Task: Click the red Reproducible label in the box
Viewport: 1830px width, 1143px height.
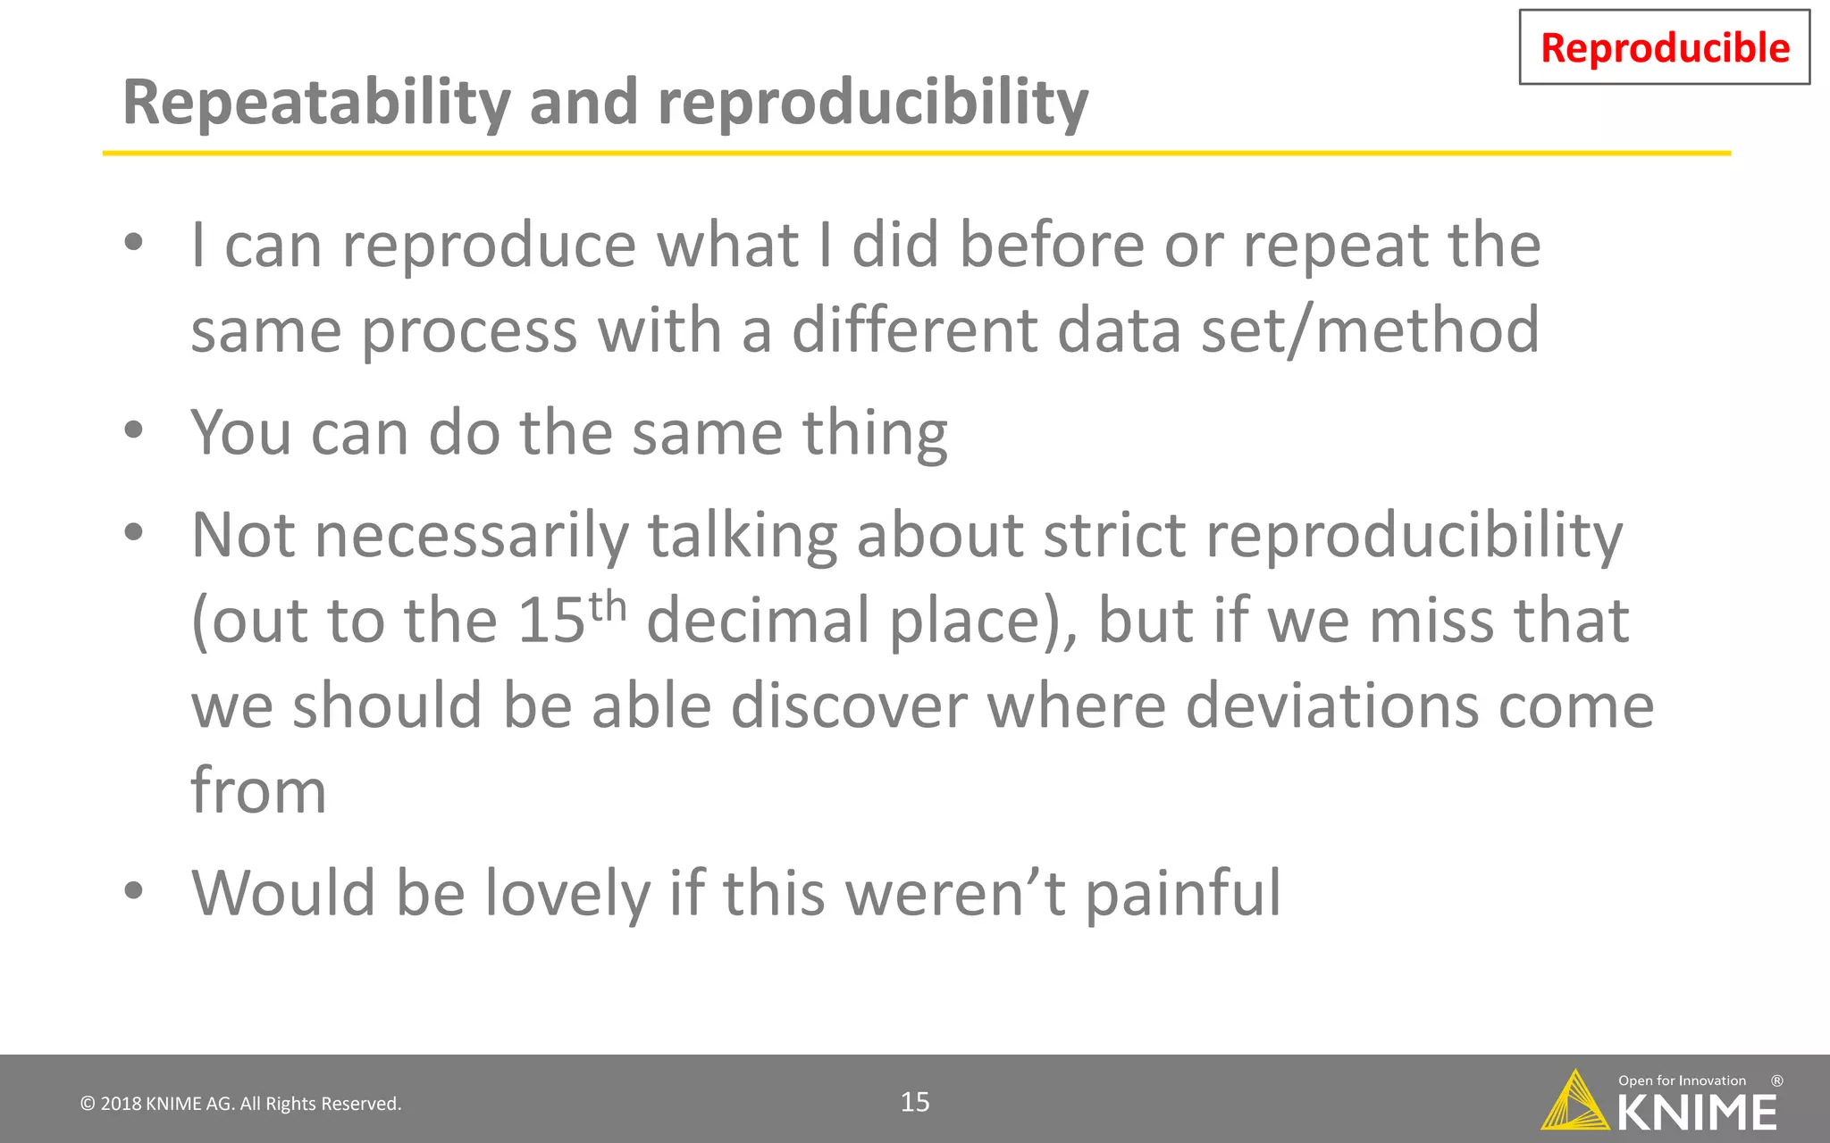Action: pyautogui.click(x=1664, y=48)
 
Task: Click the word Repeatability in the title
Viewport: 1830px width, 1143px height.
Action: pyautogui.click(x=315, y=103)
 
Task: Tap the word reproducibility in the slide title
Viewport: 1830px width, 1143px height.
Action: pyautogui.click(x=872, y=103)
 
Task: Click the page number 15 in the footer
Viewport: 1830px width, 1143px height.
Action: pyautogui.click(x=915, y=1102)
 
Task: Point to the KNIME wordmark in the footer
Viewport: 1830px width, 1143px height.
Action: pyautogui.click(x=1696, y=1113)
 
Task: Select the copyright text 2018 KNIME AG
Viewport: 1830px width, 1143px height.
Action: pyautogui.click(x=241, y=1104)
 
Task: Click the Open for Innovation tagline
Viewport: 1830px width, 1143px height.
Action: pyautogui.click(x=1682, y=1080)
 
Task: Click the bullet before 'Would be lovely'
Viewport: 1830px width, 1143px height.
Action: pyautogui.click(x=134, y=890)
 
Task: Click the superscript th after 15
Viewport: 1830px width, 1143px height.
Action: pyautogui.click(x=608, y=606)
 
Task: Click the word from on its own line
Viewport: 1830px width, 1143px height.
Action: pyautogui.click(x=258, y=790)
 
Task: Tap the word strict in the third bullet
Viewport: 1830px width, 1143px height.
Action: pyautogui.click(x=1114, y=535)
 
